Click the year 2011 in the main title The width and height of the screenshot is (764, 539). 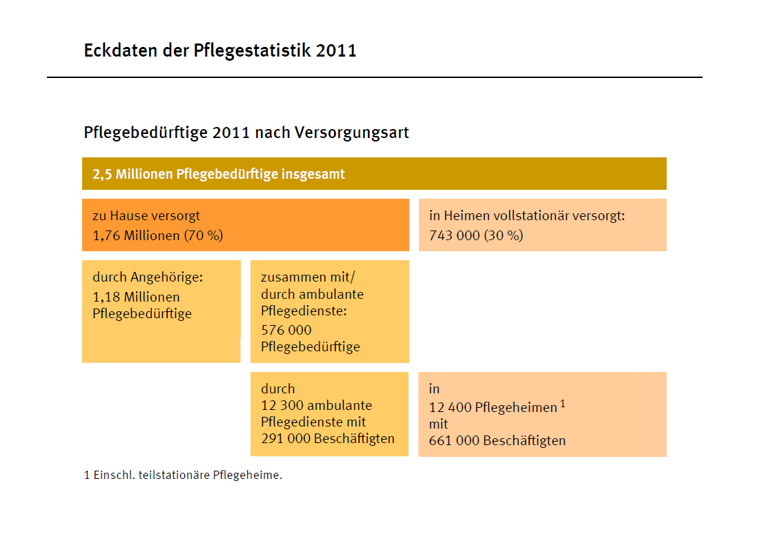coord(336,50)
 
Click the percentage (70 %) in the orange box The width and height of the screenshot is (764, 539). coord(203,235)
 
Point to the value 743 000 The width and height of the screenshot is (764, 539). coord(454,235)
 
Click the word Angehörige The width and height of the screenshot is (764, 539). coord(167,277)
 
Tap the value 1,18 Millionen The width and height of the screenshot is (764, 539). coord(136,297)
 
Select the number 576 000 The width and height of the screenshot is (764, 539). coord(286,330)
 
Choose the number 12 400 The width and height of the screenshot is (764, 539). coord(450,407)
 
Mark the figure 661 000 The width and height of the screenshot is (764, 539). coord(453,440)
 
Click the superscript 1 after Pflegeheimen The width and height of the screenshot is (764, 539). coord(562,404)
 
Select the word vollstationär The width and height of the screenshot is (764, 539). coord(542,216)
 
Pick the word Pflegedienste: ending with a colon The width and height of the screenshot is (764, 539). coord(304,311)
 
